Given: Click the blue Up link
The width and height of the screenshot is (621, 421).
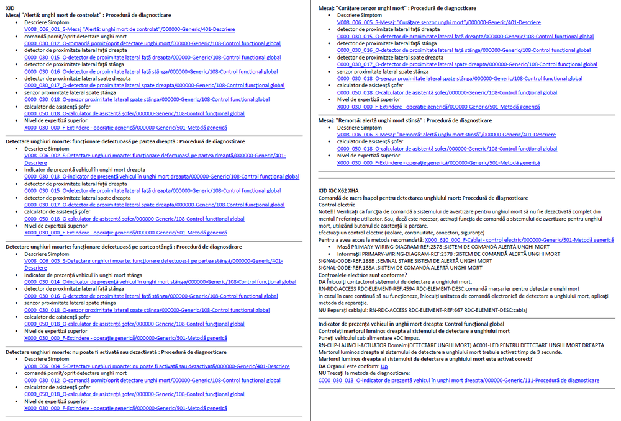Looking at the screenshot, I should (384, 366).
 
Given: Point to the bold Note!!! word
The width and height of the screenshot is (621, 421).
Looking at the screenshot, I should (327, 211).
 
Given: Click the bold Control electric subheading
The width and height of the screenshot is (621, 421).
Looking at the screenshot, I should (337, 205).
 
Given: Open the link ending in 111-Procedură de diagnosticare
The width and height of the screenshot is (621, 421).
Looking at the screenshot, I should (458, 381).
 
